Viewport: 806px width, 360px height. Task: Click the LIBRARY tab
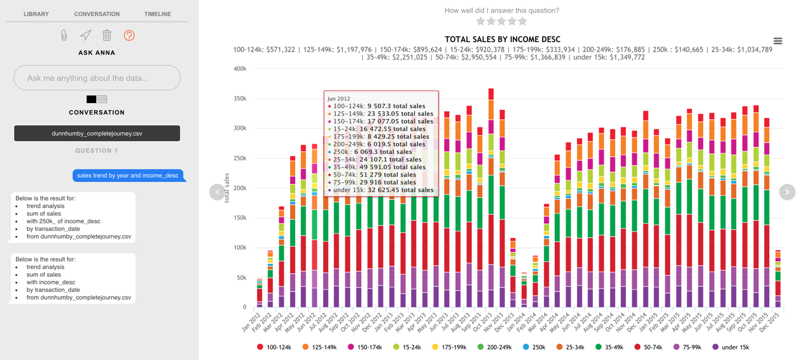[x=36, y=14]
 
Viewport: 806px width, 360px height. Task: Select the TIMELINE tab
[x=157, y=14]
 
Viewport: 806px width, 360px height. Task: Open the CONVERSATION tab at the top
[x=97, y=14]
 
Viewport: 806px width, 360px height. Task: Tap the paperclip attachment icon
[x=64, y=36]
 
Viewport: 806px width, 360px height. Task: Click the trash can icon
[x=107, y=36]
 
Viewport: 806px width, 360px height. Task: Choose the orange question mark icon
[x=129, y=36]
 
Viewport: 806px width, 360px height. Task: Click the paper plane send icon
[x=85, y=36]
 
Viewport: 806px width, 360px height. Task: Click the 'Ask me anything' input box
[x=97, y=78]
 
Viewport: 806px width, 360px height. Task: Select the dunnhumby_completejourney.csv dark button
[x=97, y=134]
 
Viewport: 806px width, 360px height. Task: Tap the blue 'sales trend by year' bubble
[x=128, y=176]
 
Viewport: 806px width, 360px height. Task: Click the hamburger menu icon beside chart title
[x=777, y=41]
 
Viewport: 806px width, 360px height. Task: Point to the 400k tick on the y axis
[x=240, y=69]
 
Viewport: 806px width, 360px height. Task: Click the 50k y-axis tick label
[x=241, y=278]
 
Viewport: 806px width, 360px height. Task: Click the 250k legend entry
[x=534, y=347]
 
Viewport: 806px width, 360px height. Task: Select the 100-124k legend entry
[x=274, y=347]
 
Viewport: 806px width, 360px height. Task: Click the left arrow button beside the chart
[x=217, y=191]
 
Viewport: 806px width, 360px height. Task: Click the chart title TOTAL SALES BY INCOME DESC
[x=503, y=39]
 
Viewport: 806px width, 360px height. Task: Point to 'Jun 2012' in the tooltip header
[x=339, y=99]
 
